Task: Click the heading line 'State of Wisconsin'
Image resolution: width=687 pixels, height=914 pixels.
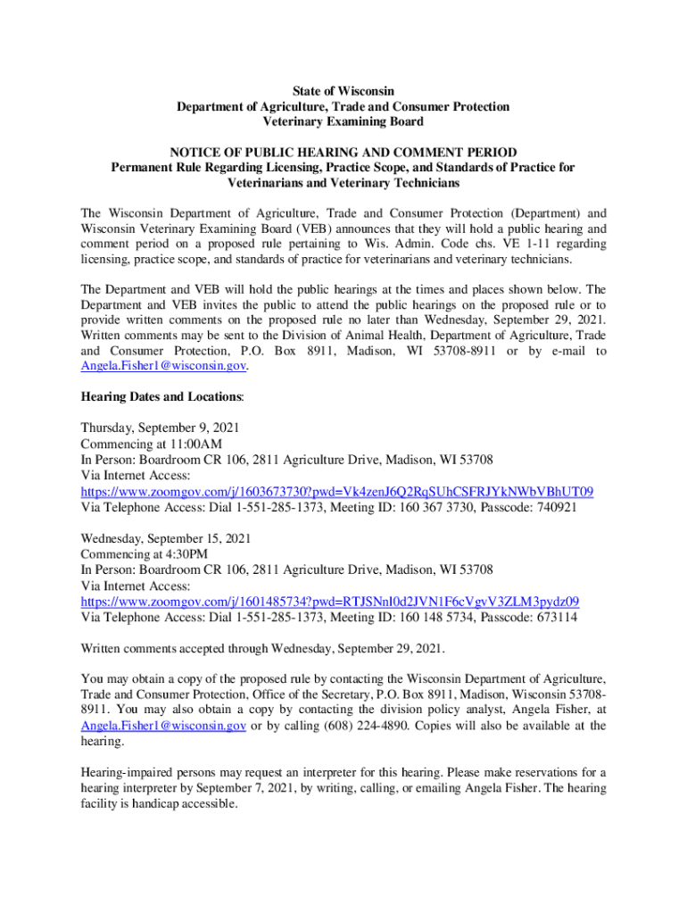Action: (343, 91)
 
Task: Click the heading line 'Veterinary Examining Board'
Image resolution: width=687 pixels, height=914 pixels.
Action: (343, 121)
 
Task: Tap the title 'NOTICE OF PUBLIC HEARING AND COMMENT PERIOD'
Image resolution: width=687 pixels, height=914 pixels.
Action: (343, 152)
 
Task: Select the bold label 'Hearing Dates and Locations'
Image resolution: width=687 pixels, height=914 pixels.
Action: (162, 395)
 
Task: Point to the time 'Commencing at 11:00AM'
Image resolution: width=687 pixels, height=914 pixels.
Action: (151, 444)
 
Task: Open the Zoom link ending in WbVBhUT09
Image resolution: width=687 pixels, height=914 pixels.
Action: (337, 492)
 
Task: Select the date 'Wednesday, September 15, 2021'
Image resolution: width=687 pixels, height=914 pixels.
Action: (166, 539)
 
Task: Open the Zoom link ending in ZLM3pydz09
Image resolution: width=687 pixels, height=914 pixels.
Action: (330, 602)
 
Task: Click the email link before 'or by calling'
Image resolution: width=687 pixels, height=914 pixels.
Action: (163, 726)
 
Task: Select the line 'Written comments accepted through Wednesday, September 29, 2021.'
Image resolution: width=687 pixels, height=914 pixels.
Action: (262, 648)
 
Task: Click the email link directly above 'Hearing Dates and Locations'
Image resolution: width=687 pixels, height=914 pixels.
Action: (163, 366)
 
